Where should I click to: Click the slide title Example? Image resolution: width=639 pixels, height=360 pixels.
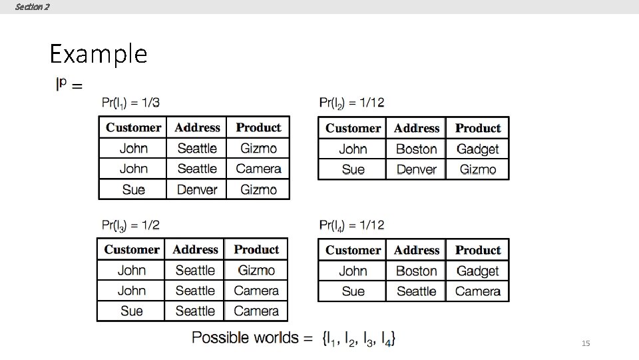[x=98, y=53]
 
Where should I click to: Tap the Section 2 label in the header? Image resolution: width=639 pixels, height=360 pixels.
[x=32, y=7]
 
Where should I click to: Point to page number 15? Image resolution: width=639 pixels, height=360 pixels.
[x=586, y=343]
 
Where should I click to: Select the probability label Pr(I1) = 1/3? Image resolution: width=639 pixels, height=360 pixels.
[x=130, y=103]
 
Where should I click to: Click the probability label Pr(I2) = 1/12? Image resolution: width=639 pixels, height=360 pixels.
[x=351, y=103]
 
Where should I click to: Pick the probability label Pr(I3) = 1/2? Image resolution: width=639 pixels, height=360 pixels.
[x=130, y=225]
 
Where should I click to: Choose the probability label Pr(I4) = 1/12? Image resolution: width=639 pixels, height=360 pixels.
[x=351, y=225]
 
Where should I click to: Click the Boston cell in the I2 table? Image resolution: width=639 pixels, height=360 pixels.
[x=416, y=149]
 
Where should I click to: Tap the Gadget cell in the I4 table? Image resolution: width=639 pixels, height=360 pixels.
[x=477, y=271]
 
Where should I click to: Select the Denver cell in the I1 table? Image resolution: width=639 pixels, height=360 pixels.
[x=197, y=189]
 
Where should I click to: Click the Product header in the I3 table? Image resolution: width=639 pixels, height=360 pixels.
[x=256, y=249]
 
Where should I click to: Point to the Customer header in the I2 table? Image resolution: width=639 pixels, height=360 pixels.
[x=353, y=128]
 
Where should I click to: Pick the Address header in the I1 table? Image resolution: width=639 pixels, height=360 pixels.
[x=197, y=127]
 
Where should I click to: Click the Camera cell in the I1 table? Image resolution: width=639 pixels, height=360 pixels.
[x=258, y=169]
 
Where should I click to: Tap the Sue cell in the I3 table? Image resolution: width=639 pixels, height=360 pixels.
[x=131, y=311]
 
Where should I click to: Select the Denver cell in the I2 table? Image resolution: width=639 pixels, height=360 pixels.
[x=416, y=169]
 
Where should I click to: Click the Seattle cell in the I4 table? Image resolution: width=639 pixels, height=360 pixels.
[x=416, y=291]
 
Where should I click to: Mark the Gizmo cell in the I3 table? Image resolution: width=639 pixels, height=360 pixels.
[x=256, y=270]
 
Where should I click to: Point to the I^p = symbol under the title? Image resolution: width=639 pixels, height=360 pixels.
[x=69, y=85]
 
